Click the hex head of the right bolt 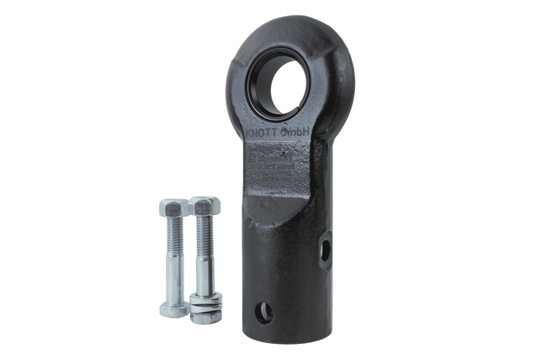(x=206, y=206)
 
